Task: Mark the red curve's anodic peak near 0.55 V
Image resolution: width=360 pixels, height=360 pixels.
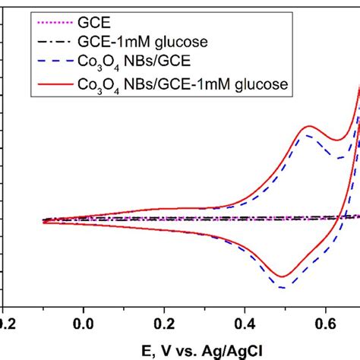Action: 309,126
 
